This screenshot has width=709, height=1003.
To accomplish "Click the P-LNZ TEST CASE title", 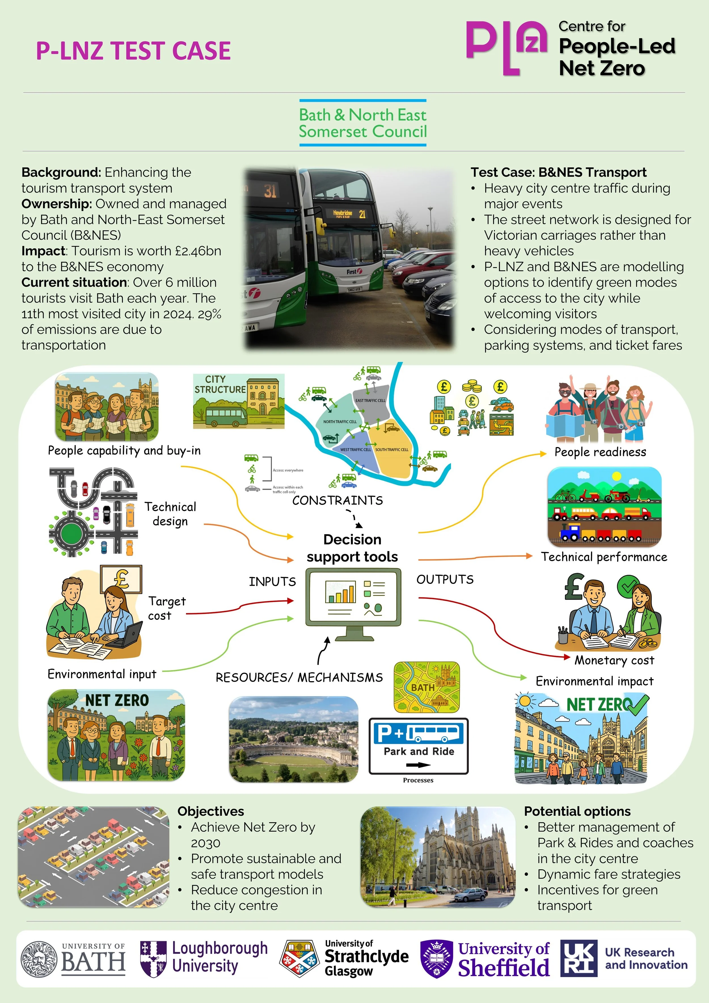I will coord(133,51).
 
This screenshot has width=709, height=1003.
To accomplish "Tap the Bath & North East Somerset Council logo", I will coord(362,123).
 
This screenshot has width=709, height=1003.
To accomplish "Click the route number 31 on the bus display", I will coord(270,191).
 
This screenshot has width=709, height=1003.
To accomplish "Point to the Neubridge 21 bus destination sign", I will coord(349,214).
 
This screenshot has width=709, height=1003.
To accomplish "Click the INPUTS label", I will coord(272,582).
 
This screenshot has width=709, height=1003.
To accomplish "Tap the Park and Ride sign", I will coord(418,746).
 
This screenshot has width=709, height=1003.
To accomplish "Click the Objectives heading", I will coord(210,811).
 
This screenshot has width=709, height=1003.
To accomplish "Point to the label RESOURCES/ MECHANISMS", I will coord(299,677).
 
